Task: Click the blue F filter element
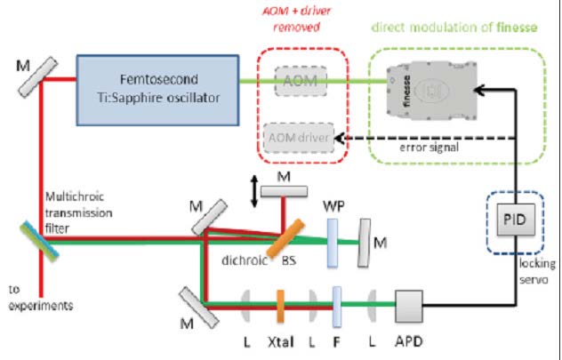point(337,305)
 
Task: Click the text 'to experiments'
point(36,300)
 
